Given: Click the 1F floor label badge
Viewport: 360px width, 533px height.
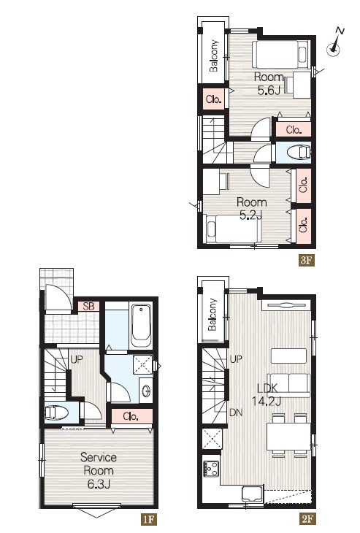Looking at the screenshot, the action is coord(148,519).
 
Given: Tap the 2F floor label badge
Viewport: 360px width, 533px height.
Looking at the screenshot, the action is coord(307,519).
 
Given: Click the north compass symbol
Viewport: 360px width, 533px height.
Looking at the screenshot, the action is coord(334,43).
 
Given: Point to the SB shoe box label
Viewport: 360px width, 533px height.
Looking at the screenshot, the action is coord(88,306).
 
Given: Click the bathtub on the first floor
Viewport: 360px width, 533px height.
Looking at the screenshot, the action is coord(141,326).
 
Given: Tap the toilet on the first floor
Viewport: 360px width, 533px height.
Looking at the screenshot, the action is coord(55,413).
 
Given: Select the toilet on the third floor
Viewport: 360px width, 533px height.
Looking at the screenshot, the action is coord(299,153).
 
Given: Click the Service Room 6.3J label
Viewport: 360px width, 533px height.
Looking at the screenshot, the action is coord(99,470).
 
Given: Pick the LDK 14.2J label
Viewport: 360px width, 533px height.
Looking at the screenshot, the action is coord(267,394).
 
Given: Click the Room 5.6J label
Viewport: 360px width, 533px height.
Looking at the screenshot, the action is coord(269,84).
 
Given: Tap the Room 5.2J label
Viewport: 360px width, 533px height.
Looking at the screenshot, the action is coord(251,208).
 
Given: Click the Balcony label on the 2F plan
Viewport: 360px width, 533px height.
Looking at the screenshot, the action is coord(212,315).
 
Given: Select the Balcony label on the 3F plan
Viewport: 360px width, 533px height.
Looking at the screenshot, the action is coord(214,56).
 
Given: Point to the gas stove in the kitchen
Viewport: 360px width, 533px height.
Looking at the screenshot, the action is coord(212,469).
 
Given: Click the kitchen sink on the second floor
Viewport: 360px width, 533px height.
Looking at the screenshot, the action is coord(252,494).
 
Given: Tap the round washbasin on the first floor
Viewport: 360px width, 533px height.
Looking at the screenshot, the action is coord(147,391).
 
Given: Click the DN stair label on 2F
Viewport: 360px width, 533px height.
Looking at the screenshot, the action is coord(236,413).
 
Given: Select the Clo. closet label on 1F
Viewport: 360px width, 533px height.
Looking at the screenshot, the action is coord(131,416).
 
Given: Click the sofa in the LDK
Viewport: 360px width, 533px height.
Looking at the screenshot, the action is coord(289,385).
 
